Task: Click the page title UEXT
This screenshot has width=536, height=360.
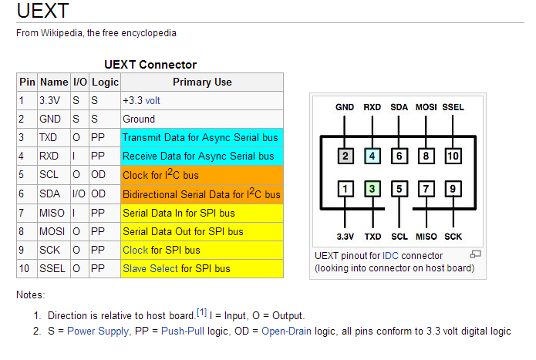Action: click(x=42, y=12)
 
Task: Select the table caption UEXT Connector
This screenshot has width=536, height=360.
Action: click(x=150, y=65)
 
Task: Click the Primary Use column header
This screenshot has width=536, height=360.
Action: click(x=202, y=82)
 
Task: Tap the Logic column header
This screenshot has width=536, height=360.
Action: click(x=105, y=82)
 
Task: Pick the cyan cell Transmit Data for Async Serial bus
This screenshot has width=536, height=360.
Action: click(x=201, y=138)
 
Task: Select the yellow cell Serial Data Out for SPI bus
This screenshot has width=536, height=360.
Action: click(x=183, y=231)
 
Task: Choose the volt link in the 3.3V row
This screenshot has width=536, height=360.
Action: click(x=153, y=101)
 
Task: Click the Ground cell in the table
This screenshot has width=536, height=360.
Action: click(x=139, y=119)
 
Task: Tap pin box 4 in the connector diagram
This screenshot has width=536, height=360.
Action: click(x=373, y=156)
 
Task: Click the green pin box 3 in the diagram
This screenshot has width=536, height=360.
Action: click(x=373, y=187)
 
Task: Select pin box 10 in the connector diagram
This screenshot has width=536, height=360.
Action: click(x=453, y=156)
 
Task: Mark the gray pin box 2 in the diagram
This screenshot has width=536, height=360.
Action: click(x=346, y=156)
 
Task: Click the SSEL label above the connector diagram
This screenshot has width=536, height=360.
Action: click(x=453, y=107)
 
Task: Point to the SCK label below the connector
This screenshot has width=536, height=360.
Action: click(x=453, y=237)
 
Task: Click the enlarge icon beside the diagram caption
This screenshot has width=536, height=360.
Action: click(x=475, y=254)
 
